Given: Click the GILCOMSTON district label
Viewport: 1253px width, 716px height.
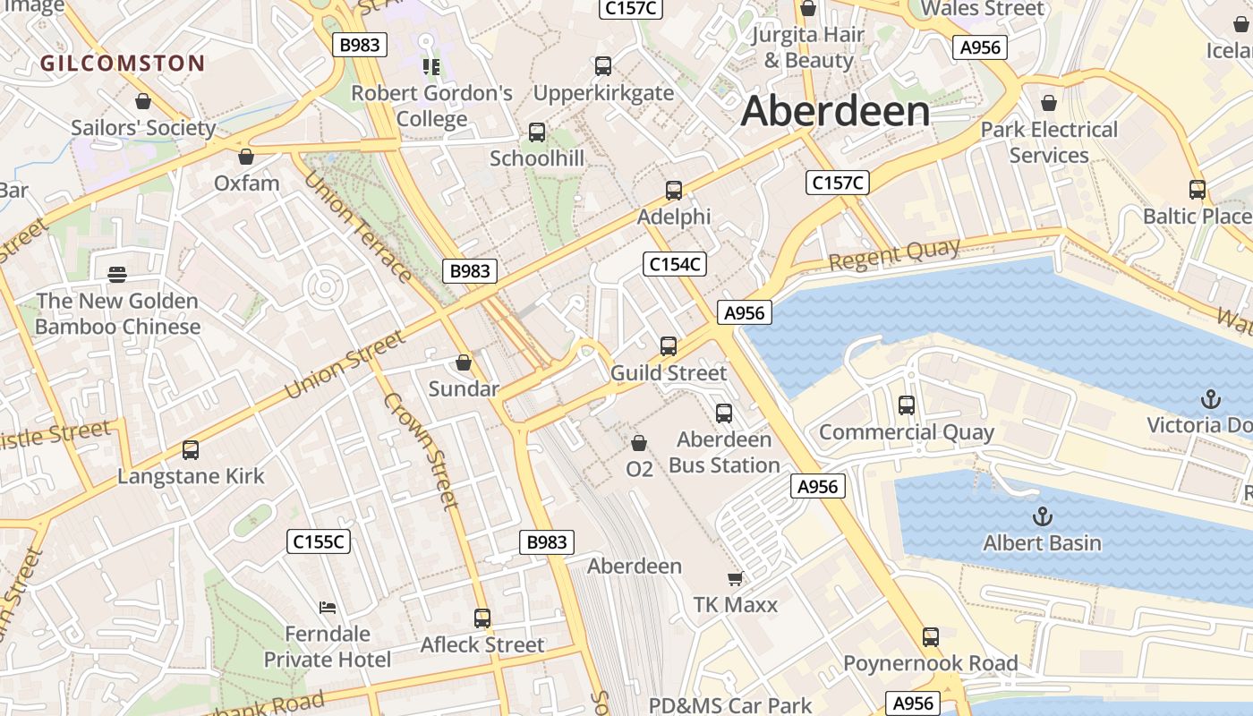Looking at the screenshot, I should point(123,63).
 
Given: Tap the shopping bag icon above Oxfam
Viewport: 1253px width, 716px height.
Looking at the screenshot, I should point(246,157).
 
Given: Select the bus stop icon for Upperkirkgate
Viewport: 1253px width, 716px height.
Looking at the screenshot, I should point(603,66).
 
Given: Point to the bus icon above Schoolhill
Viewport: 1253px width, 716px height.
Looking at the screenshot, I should point(537,132).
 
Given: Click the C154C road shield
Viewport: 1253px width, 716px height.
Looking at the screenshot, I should point(675,264).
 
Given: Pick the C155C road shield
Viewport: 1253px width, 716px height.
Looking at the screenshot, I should point(319,541).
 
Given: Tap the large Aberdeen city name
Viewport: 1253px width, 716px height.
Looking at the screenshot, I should point(835,112).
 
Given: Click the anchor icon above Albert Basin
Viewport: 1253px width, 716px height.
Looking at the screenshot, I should point(1042,516).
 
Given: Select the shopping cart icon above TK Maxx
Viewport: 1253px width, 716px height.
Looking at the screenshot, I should point(736,579).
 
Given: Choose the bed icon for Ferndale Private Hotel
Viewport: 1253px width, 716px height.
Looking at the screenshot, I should point(328,608).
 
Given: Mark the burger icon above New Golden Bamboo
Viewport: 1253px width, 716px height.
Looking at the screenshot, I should point(117,274).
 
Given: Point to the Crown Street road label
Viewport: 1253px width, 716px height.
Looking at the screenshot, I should point(422,450).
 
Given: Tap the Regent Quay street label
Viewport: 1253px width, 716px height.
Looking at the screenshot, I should point(894,254).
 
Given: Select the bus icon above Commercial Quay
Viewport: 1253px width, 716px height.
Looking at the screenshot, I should point(907,405).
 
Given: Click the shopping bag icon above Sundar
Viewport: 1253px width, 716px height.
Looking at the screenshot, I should point(464,362).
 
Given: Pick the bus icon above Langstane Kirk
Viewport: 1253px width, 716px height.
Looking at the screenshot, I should point(191,450).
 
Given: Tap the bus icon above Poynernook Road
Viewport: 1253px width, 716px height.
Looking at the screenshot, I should point(931,637).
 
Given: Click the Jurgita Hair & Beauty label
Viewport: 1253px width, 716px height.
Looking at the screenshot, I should point(808,47).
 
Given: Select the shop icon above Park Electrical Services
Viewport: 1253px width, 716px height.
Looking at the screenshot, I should point(1049,103).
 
